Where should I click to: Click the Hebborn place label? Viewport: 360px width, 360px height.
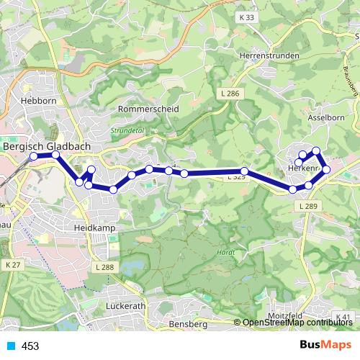40,102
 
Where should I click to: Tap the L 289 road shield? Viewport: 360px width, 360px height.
307,207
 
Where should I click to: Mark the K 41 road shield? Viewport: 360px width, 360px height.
343,317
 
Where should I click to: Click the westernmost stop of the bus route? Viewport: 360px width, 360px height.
33,156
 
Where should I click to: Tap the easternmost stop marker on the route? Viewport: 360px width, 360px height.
326,169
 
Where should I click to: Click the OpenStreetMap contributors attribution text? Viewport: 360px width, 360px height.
297,323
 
